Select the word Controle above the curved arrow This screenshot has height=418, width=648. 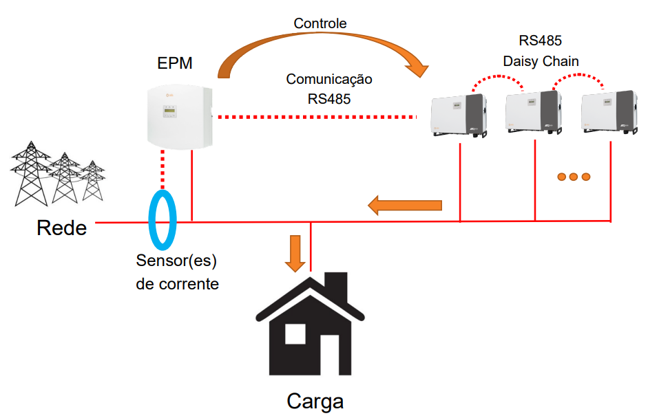320,24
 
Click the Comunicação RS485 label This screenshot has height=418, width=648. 329,89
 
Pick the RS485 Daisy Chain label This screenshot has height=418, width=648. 541,52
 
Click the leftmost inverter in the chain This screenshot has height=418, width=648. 459,114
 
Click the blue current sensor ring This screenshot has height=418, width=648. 164,220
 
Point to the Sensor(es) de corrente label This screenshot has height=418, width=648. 178,272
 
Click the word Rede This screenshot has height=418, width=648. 62,228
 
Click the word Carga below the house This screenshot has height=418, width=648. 315,401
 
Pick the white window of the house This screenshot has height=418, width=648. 295,334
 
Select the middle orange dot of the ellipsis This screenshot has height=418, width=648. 573,177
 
